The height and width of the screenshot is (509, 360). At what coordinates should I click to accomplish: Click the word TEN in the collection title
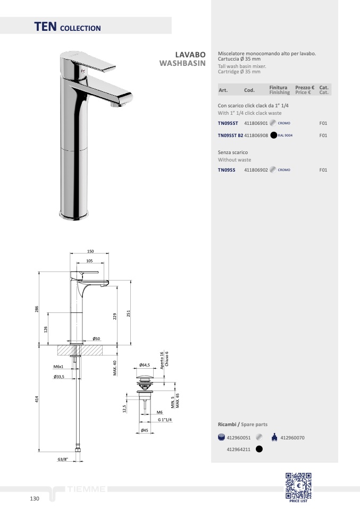click(46, 27)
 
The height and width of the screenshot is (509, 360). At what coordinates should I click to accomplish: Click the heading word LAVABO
click(190, 55)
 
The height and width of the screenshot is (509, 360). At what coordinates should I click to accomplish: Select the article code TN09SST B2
click(230, 135)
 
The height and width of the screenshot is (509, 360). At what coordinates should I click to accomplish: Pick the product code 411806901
click(256, 123)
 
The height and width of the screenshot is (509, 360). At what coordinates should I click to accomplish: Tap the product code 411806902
click(256, 170)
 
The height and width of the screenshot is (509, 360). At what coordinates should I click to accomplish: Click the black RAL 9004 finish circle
click(273, 135)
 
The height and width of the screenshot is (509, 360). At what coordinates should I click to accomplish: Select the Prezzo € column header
click(305, 87)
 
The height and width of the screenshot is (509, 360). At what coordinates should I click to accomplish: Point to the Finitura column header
click(278, 87)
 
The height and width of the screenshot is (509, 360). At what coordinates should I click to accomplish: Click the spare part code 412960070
click(292, 438)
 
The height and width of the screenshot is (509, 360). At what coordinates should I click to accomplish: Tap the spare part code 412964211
click(238, 449)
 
